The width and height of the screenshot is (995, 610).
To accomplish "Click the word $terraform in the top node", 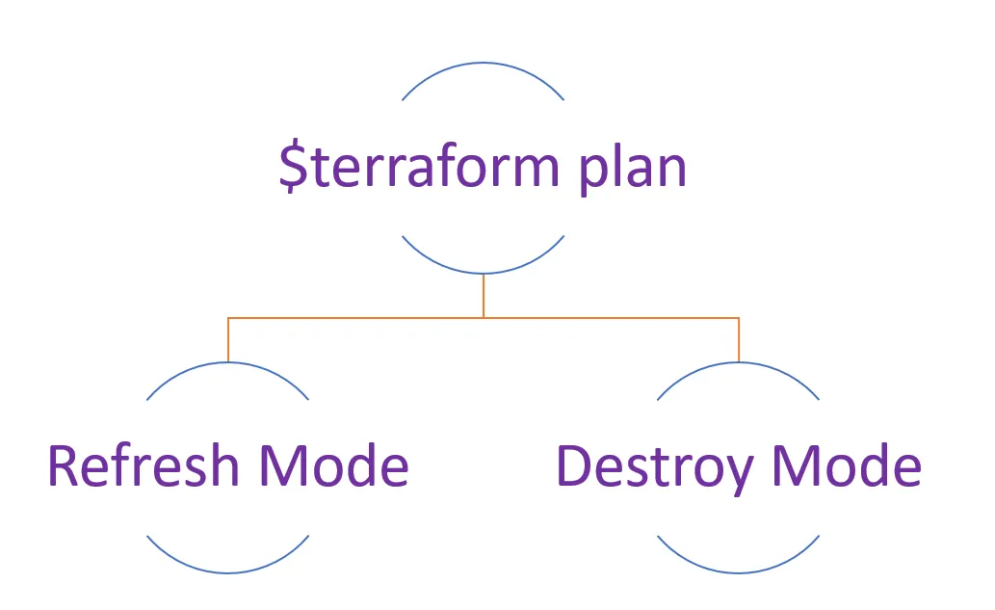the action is tap(419, 167).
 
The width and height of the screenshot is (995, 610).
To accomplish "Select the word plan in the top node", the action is tap(633, 168).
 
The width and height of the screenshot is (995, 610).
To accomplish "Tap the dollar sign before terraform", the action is tap(293, 167).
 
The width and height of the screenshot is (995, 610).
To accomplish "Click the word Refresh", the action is tap(144, 465).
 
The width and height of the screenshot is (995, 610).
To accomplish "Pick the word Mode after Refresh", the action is tap(333, 465).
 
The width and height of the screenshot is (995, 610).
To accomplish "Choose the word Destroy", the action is tap(654, 468).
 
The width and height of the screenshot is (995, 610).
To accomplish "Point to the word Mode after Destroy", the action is tap(847, 465).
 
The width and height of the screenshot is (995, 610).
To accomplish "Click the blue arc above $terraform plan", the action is tap(483, 63).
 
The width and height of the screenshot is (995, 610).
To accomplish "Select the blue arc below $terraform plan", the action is tap(483, 274).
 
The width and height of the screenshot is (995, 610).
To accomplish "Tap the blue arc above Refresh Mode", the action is tap(228, 362).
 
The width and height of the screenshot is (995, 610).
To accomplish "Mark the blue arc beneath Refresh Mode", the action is tap(228, 573).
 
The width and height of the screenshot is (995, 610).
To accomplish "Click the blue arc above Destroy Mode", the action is tap(739, 362).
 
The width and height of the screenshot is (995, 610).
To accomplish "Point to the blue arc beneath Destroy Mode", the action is tap(739, 573).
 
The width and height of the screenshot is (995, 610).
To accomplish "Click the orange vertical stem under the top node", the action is tap(484, 296).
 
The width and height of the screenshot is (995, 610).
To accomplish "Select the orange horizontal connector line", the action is tap(484, 317).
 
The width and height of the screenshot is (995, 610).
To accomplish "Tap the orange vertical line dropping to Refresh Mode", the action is tap(228, 339).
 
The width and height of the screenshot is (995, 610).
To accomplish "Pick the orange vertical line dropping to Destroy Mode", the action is tap(739, 339).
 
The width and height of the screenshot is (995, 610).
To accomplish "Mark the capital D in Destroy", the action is tap(574, 465).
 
